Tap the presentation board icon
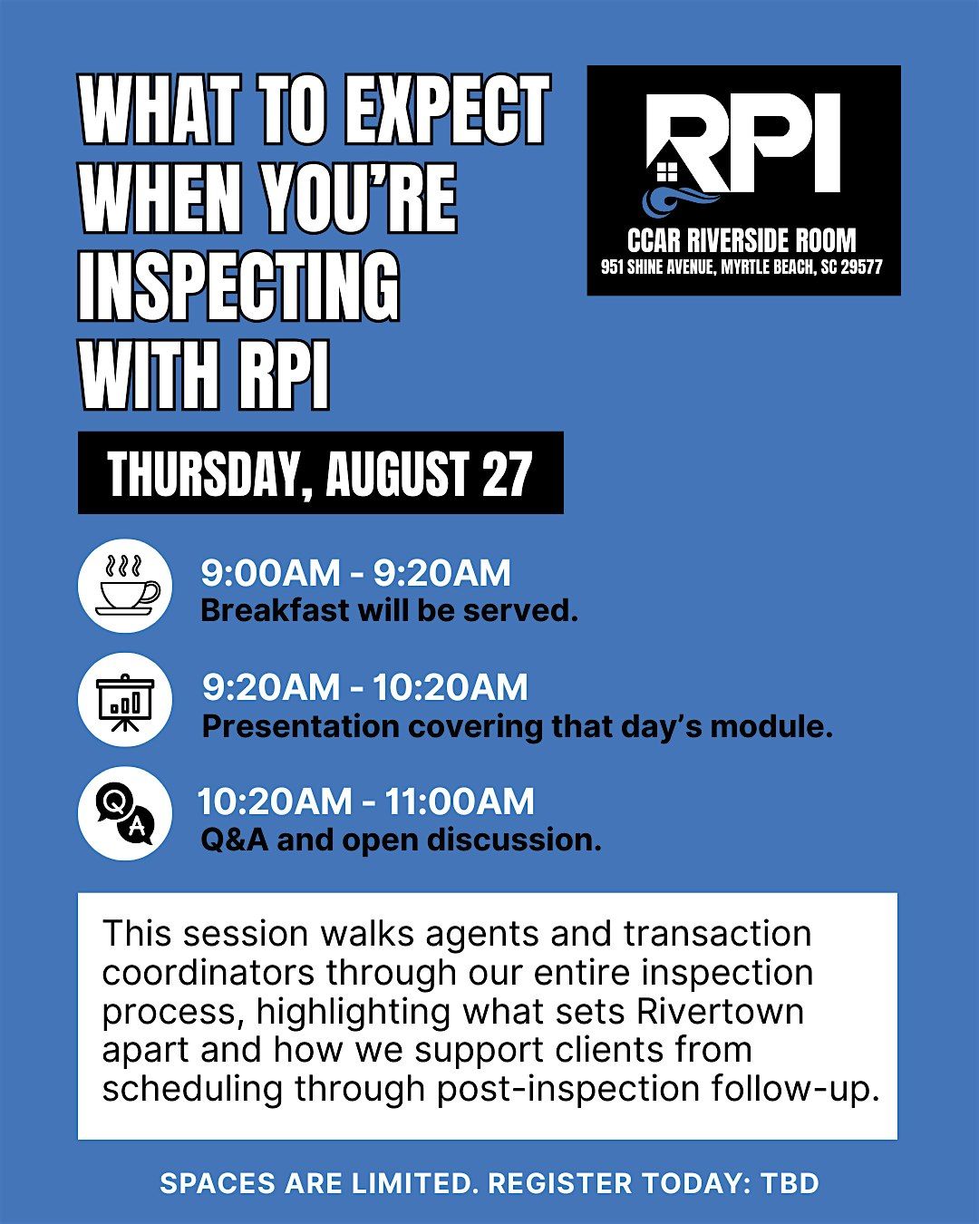(x=125, y=700)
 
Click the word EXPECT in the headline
(x=447, y=109)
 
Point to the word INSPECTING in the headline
(x=239, y=287)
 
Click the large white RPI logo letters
(x=745, y=142)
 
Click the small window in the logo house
(x=667, y=171)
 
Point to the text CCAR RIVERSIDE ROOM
(x=742, y=240)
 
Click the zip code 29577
(x=861, y=267)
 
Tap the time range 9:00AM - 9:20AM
(x=356, y=573)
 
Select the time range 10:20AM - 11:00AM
(x=366, y=801)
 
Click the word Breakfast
(x=275, y=611)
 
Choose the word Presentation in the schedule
(x=301, y=726)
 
